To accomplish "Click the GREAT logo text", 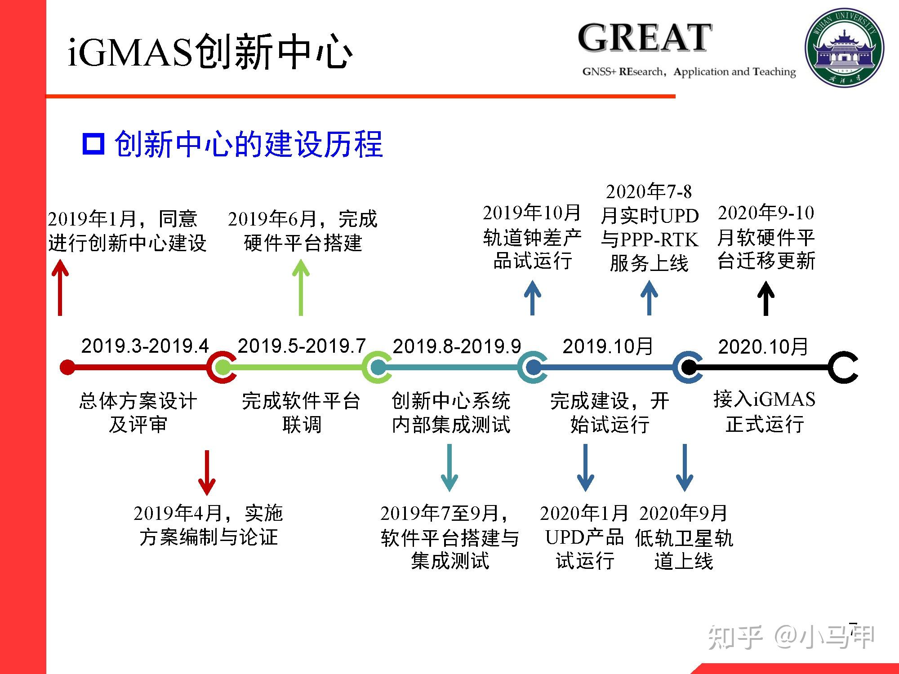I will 645,39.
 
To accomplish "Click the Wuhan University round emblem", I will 844,48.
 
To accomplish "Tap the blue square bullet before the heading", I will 93,144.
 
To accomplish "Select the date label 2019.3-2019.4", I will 145,346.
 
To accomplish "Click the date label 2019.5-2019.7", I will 302,346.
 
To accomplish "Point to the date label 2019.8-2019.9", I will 457,346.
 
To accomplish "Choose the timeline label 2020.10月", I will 763,346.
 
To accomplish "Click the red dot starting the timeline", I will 67,367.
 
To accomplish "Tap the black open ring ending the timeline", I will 843,367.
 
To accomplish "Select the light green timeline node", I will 222,367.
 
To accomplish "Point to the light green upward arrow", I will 301,288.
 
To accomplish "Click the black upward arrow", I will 766,298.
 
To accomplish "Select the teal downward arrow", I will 449,467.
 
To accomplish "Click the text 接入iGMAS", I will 764,399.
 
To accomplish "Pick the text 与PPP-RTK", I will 650,239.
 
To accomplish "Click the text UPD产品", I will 584,537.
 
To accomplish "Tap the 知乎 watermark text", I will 735,637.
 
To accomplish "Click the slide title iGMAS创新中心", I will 210,52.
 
